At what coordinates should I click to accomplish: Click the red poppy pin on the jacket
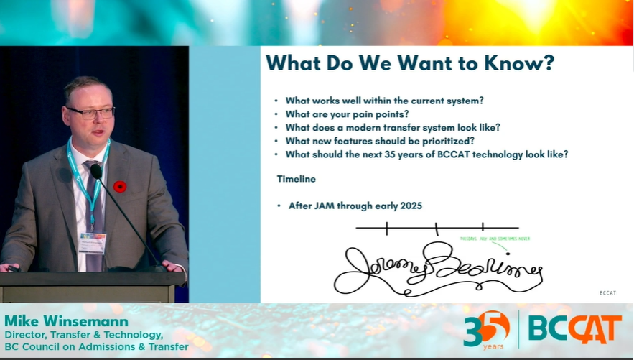(x=120, y=186)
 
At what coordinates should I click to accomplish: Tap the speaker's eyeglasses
(x=91, y=113)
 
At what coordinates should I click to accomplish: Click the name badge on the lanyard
(x=92, y=242)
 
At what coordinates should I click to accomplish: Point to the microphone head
(x=96, y=172)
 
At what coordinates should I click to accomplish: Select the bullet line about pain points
(x=347, y=114)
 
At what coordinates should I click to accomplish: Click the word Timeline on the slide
(x=297, y=179)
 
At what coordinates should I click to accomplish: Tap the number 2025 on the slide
(x=409, y=206)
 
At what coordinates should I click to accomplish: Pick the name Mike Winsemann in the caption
(x=66, y=320)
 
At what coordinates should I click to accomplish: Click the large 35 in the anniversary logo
(x=485, y=327)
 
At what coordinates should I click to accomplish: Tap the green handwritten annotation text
(x=495, y=239)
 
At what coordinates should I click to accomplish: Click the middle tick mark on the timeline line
(x=436, y=229)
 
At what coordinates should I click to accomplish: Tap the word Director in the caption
(x=28, y=335)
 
